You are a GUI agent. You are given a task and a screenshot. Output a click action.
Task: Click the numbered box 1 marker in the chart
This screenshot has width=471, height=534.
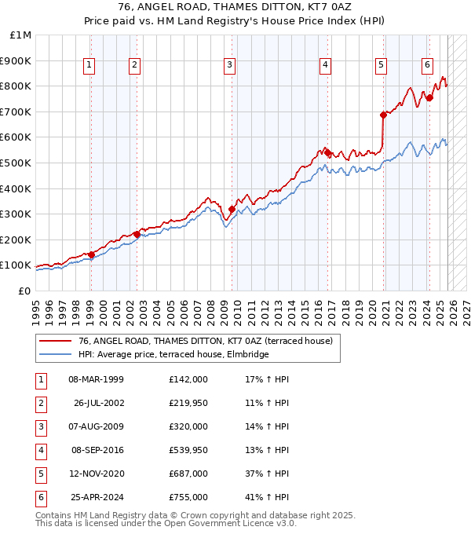pos(89,66)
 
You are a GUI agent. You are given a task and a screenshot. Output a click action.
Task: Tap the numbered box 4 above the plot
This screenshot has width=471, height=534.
pos(325,66)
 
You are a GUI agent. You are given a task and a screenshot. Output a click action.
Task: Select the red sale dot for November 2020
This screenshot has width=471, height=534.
pos(383,115)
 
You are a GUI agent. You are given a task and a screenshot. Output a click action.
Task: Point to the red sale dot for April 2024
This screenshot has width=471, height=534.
pos(429,97)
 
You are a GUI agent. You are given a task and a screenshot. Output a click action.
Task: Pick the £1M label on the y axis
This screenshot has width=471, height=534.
pos(21,35)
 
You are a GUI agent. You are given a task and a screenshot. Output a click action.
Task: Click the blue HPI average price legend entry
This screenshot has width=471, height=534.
pos(173,355)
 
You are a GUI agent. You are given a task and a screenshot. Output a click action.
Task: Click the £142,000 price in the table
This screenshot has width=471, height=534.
pos(188,379)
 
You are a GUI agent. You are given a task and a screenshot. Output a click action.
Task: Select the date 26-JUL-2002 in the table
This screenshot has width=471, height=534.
pos(98,403)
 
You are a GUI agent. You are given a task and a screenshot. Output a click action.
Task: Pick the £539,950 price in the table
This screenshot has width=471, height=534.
pos(188,450)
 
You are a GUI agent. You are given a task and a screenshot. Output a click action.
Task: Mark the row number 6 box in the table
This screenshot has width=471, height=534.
pos(40,497)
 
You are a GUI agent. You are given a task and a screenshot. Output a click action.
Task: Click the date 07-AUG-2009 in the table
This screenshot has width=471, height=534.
pos(97,426)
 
